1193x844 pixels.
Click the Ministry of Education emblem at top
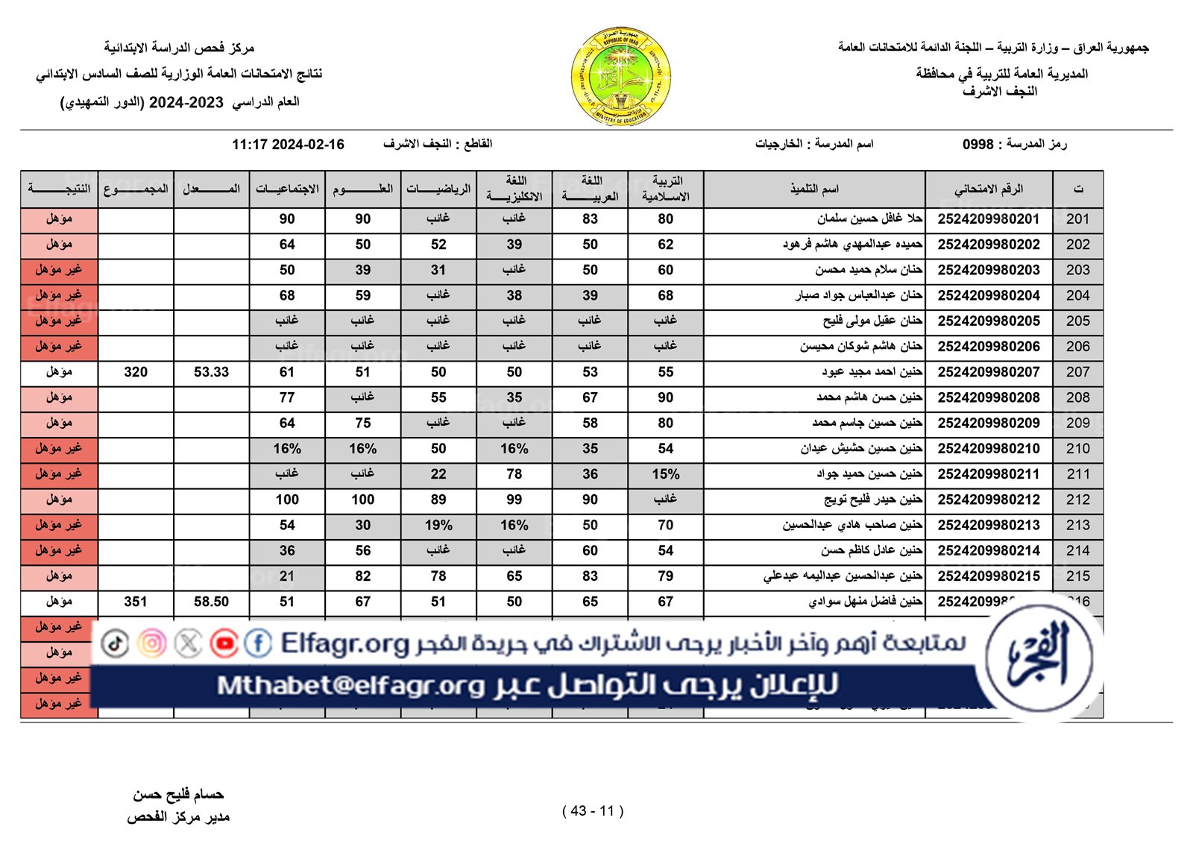click(620, 77)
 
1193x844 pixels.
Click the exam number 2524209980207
click(988, 372)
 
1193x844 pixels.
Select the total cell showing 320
click(136, 372)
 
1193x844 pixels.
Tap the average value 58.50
click(211, 602)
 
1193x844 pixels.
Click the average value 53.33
click(211, 372)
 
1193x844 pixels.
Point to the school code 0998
click(978, 144)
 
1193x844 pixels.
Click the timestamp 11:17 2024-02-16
click(288, 145)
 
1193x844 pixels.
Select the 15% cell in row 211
click(665, 474)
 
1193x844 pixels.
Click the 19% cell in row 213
click(438, 526)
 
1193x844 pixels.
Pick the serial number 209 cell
click(1077, 423)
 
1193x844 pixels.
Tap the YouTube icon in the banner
click(224, 643)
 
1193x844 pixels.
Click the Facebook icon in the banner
click(258, 643)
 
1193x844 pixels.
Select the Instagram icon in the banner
click(152, 643)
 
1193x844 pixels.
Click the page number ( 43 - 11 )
click(593, 811)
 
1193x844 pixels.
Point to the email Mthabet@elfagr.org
click(350, 685)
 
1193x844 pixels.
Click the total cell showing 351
click(136, 602)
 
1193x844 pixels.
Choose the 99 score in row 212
click(514, 500)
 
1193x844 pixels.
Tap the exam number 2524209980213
click(988, 526)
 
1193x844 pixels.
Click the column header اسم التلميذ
click(814, 189)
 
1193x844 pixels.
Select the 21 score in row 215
click(287, 576)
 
